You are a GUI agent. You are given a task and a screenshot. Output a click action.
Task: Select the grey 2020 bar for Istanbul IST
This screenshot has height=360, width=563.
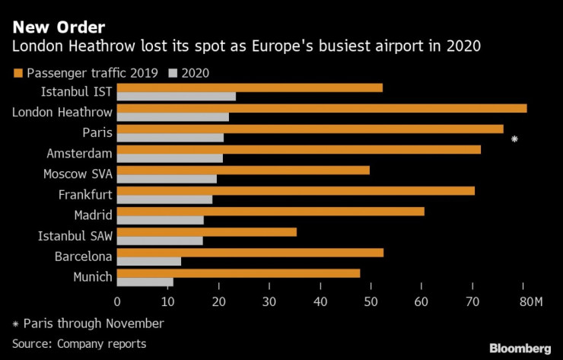[x=177, y=96]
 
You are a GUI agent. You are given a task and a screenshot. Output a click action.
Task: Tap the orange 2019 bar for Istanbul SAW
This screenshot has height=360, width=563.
[x=207, y=231]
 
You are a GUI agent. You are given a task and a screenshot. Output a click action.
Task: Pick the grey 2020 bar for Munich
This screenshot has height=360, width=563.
[x=145, y=282]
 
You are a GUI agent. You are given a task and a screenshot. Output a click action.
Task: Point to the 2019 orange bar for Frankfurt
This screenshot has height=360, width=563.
[x=296, y=190]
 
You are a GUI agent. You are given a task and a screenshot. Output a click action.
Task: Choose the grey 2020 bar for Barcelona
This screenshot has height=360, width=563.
[x=149, y=261]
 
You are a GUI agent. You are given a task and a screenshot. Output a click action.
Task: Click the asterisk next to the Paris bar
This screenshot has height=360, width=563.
[x=515, y=139]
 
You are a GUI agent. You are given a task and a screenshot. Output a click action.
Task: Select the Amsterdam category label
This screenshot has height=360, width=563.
[x=79, y=153]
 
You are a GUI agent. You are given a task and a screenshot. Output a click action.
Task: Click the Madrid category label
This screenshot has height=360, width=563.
[x=93, y=215]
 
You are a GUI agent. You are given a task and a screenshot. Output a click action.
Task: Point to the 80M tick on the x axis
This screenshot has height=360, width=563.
[x=530, y=302]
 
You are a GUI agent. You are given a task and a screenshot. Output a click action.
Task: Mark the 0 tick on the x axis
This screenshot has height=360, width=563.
[x=117, y=302]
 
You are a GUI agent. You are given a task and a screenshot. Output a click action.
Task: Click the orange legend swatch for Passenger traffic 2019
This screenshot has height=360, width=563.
[x=17, y=73]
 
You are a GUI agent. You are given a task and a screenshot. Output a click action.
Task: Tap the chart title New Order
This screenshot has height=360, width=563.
[x=47, y=27]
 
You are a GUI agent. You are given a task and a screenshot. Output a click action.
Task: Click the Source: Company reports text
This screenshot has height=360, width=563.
[x=79, y=344]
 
